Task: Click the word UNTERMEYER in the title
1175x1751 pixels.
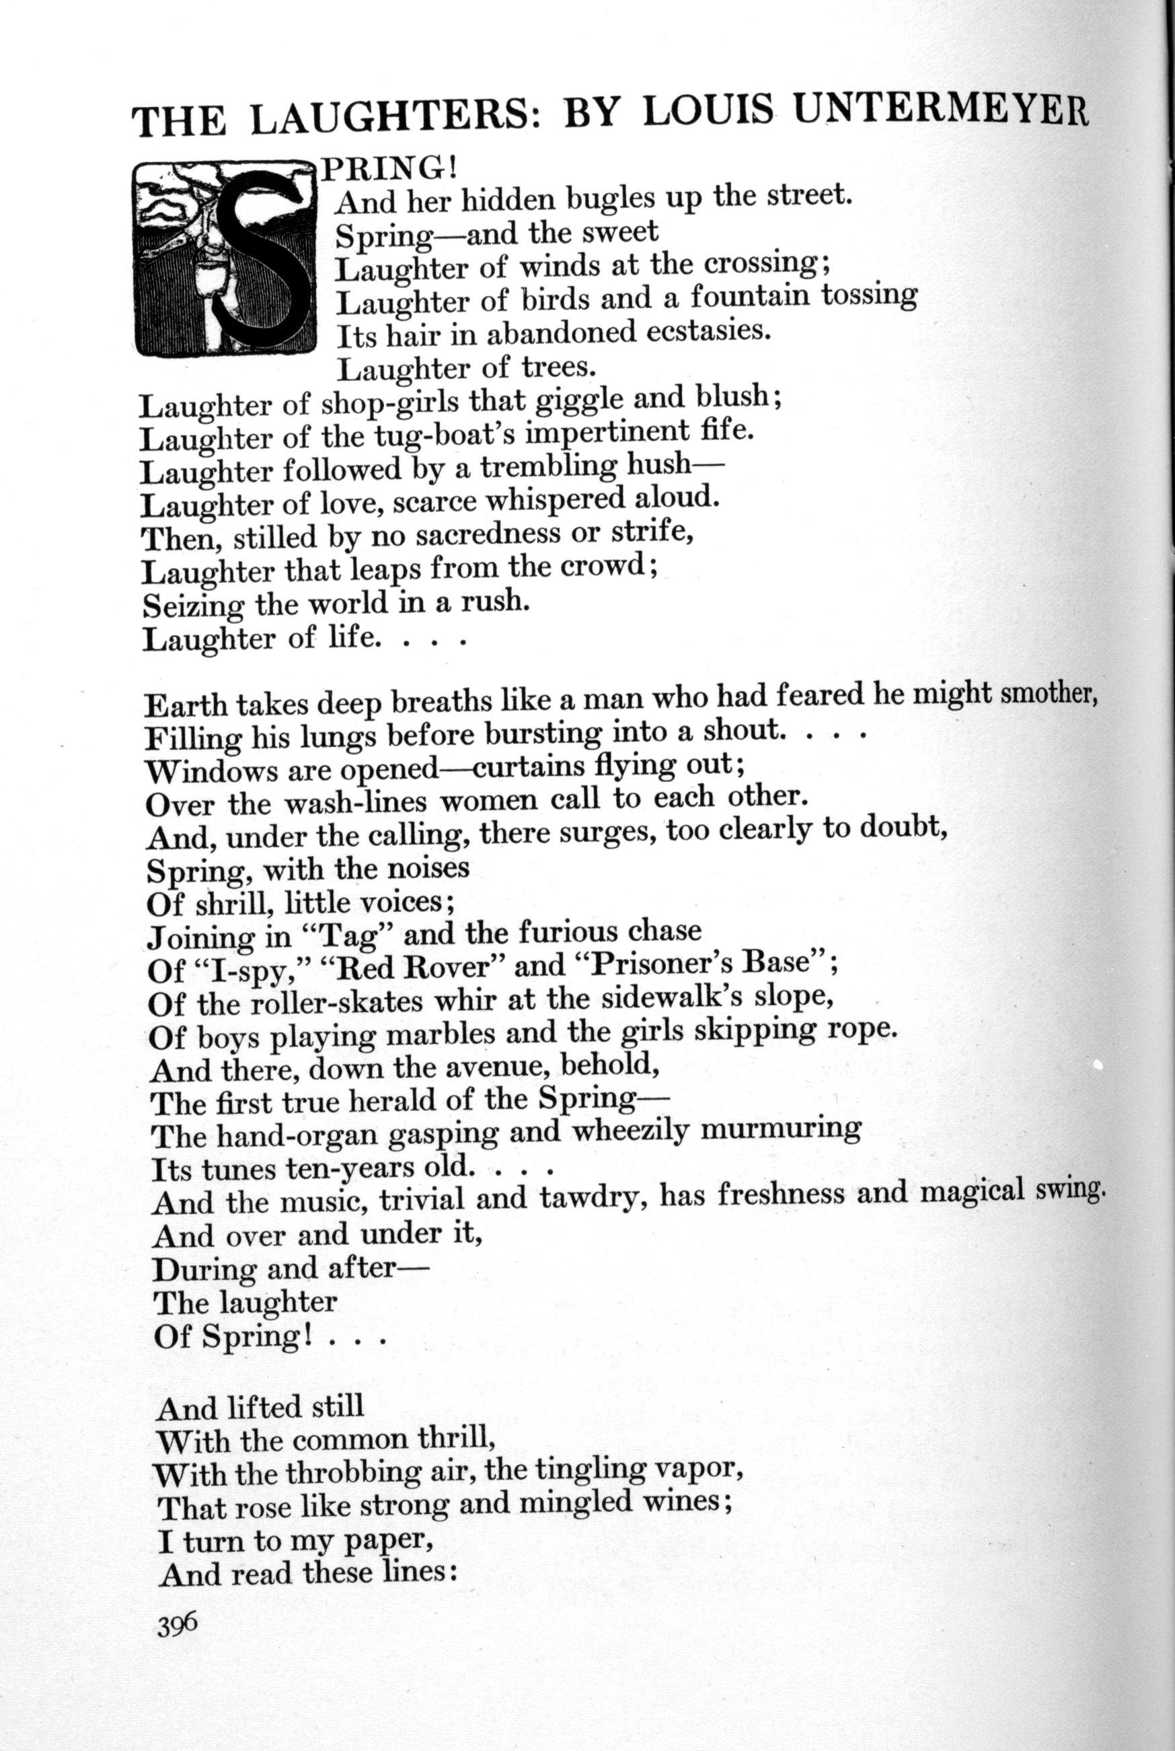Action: pos(940,111)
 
